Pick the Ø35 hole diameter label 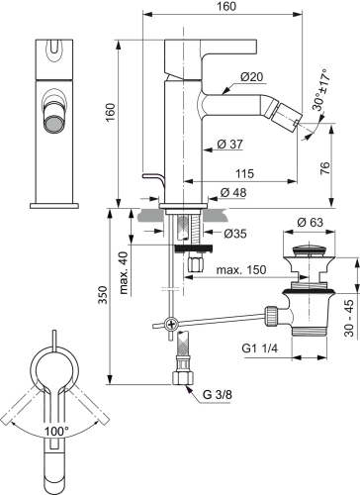[x=234, y=235]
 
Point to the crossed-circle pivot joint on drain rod [x=171, y=324]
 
